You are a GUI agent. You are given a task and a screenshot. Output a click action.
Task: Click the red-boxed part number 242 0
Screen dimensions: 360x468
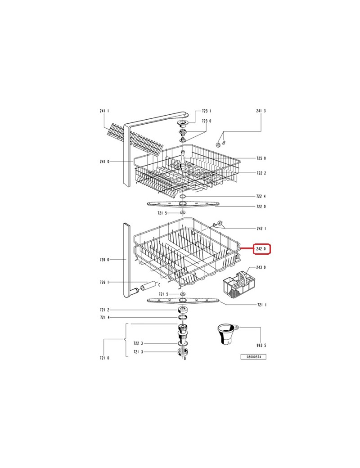point(262,249)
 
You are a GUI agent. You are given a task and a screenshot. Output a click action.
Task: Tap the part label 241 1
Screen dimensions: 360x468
point(104,111)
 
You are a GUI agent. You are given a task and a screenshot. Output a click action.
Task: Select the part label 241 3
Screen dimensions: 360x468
point(261,111)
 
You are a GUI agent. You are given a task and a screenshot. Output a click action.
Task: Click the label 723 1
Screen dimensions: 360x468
point(207,111)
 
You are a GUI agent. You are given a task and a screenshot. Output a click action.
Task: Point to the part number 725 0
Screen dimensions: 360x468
point(261,158)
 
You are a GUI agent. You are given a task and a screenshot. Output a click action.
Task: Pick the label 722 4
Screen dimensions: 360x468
point(261,196)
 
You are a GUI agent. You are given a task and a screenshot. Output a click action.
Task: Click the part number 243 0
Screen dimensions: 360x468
point(261,267)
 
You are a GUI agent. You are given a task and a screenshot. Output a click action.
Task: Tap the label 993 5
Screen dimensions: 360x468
point(261,346)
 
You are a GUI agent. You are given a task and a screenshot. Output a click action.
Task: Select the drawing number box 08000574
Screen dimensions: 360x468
point(253,357)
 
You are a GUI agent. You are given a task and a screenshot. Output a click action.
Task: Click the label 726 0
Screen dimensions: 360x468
point(104,260)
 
